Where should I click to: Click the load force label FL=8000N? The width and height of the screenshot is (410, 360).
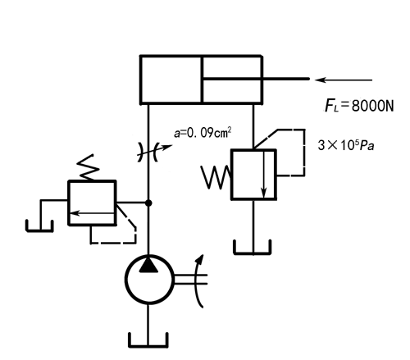coord(359,106)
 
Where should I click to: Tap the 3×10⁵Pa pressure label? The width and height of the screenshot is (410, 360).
coord(346,145)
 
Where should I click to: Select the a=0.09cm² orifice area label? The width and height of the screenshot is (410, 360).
coord(203,133)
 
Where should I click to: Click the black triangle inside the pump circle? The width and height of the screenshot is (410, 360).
coord(148,265)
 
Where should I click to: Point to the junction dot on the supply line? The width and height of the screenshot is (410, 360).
coord(148,203)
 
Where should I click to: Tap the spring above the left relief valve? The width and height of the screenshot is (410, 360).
coord(88,167)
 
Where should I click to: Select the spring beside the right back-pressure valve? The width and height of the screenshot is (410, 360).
coord(216,177)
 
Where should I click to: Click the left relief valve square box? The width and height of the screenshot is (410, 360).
coord(92,203)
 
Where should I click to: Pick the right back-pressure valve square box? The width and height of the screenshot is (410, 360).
coord(253,175)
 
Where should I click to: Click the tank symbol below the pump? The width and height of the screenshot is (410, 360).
coord(148,340)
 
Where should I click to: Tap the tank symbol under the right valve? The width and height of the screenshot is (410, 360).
coord(253,248)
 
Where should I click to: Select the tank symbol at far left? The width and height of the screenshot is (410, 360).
coord(39,226)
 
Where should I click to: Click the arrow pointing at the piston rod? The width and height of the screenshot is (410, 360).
coord(344,80)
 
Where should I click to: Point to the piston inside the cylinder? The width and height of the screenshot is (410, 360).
coord(202,80)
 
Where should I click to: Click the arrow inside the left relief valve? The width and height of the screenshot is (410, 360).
coord(93,213)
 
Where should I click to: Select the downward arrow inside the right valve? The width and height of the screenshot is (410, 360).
coord(264,174)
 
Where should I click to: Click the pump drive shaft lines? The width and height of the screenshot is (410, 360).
coord(190,279)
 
